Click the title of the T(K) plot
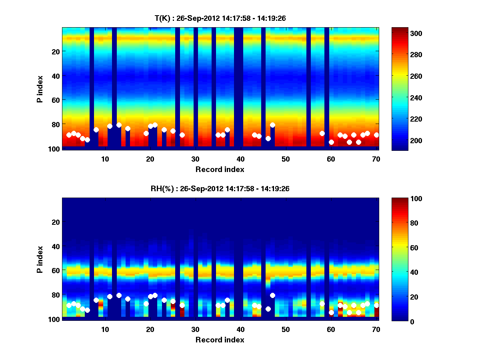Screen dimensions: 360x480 (220, 18)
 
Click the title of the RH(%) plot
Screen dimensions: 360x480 (220, 188)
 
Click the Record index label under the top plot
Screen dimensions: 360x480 (220, 169)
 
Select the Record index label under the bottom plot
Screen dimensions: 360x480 (220, 340)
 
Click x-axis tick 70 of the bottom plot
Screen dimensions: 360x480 (376, 329)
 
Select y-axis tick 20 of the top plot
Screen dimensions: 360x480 (55, 51)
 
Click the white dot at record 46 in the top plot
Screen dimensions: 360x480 (268, 138)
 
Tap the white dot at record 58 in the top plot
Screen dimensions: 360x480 (322, 133)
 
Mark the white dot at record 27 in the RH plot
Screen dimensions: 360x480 (182, 305)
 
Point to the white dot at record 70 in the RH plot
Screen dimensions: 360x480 (376, 305)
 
